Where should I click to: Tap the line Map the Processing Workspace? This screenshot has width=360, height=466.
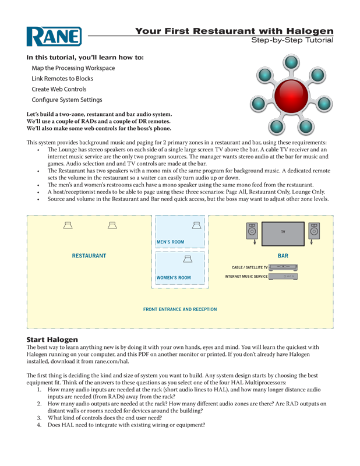point(73,68)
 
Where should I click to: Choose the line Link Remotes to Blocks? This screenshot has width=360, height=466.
point(62,79)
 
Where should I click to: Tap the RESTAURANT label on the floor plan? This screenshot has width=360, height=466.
point(89,256)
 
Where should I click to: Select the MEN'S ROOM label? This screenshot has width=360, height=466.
point(170,242)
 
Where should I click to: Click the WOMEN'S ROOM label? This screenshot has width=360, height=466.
point(174,278)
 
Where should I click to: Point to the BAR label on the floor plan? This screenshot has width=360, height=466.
point(283,256)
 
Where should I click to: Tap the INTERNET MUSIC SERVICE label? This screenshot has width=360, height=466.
point(246,277)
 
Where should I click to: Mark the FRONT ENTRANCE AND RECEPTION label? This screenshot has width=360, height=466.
point(180,309)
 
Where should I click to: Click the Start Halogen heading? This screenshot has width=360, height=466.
point(57,339)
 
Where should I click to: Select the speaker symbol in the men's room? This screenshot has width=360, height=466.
point(197,225)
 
